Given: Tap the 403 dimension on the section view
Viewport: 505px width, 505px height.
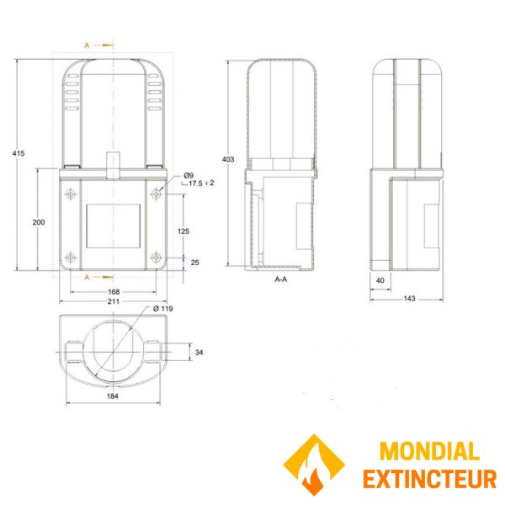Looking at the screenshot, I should [226, 159].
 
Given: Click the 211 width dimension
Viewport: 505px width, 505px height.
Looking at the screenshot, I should [114, 301].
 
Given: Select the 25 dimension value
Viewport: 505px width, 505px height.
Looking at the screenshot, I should [195, 263].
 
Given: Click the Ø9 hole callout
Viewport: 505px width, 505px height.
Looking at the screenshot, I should [189, 174].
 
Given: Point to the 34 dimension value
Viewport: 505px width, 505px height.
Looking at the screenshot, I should [199, 352].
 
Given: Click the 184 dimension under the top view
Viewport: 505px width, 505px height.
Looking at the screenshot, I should [114, 396].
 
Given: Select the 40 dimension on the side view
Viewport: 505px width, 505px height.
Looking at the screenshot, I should [380, 280].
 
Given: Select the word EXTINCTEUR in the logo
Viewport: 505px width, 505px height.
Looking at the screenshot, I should [429, 479].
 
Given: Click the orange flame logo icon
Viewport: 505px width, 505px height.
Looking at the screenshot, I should [315, 465].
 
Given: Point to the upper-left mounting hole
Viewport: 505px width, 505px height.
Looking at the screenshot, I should [68, 194].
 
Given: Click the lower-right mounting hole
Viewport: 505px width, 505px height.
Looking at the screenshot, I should [156, 258].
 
